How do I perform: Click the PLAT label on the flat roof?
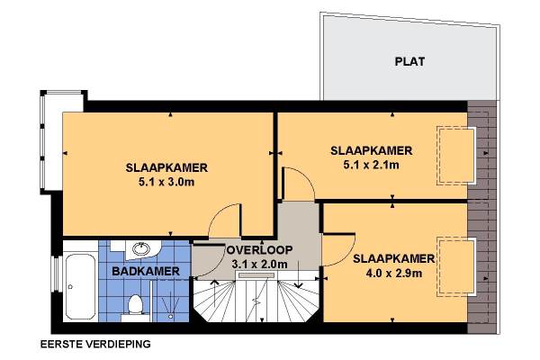point(409,62)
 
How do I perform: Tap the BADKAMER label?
point(146,271)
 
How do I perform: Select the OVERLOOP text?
point(259,250)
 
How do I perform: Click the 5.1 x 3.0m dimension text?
point(166,182)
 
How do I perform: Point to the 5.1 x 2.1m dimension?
point(371,165)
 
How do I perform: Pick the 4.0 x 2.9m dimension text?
point(394,274)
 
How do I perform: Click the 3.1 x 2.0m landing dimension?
point(259,265)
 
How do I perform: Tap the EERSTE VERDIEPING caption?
point(95,344)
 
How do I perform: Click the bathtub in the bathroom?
point(80,286)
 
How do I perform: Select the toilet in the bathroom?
point(135,305)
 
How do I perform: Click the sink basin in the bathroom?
point(141,248)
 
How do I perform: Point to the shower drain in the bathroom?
point(170,316)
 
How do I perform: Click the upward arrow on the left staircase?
point(215,292)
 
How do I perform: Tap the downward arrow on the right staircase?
point(298,274)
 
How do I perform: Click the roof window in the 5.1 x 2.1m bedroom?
point(456,156)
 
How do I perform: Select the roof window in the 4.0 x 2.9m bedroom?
point(456,266)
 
